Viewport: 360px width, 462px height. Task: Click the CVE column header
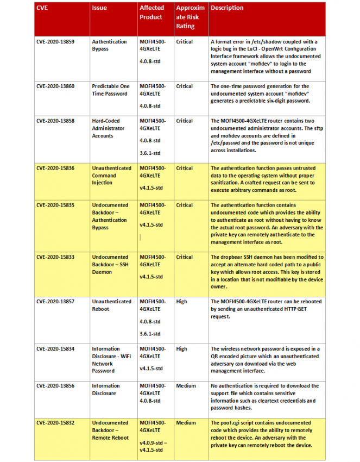[x=42, y=8]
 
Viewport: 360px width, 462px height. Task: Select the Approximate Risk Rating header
[x=190, y=17]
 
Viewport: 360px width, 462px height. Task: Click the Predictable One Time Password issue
[x=110, y=90]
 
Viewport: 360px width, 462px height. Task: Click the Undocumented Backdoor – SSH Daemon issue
[x=110, y=264]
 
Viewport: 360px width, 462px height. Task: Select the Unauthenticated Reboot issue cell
[x=112, y=305]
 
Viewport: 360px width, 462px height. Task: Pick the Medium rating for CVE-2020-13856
[x=186, y=386]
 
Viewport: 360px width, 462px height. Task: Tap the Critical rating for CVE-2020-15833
[x=184, y=257]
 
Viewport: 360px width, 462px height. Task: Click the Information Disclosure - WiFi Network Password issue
[x=110, y=360]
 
